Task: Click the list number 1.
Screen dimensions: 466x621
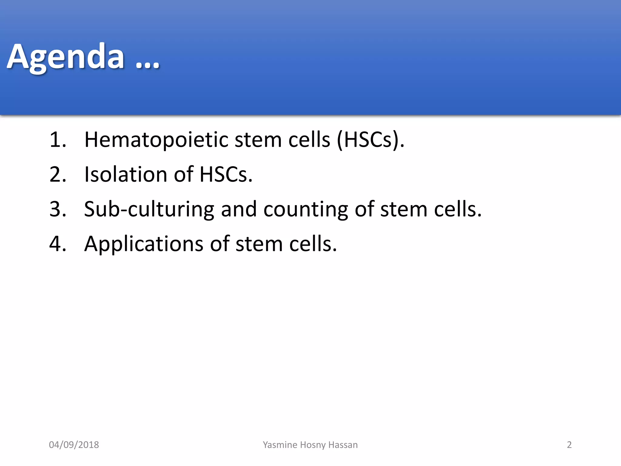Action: pos(57,140)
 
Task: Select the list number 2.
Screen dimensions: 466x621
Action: pos(57,174)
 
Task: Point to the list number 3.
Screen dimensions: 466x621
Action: pos(57,209)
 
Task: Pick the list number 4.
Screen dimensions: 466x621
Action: pos(57,244)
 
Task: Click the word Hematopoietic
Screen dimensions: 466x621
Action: pos(156,140)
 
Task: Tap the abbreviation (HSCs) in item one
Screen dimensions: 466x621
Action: pos(370,140)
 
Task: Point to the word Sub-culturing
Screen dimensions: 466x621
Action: pos(149,209)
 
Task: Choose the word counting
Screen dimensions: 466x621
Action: pos(305,209)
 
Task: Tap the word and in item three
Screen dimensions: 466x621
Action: pos(239,209)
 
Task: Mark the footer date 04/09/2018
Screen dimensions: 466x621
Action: pos(74,445)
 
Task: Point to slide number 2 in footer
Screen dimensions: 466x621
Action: pos(569,445)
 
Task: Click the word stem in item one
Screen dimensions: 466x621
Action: pos(258,140)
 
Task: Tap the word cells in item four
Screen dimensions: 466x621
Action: pos(313,244)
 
